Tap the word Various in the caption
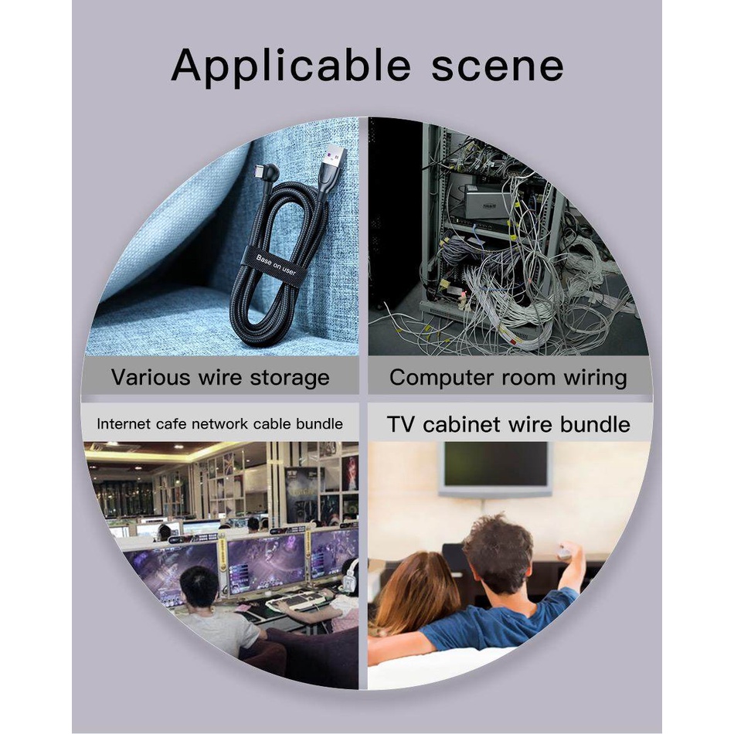151,377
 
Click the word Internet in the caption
124,424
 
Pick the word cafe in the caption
171,424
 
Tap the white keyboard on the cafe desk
296,600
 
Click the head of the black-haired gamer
199,590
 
